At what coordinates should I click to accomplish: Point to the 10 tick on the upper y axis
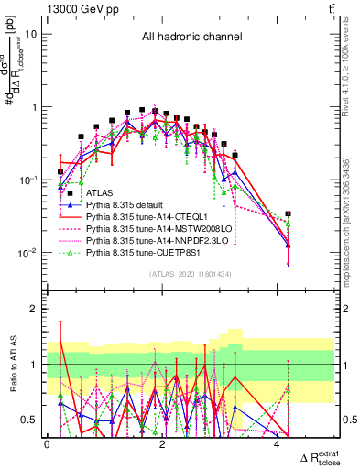tap(29, 34)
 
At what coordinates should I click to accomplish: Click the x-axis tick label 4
tap(277, 443)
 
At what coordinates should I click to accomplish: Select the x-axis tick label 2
tap(162, 443)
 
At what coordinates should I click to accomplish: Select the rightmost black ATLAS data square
tap(289, 213)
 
